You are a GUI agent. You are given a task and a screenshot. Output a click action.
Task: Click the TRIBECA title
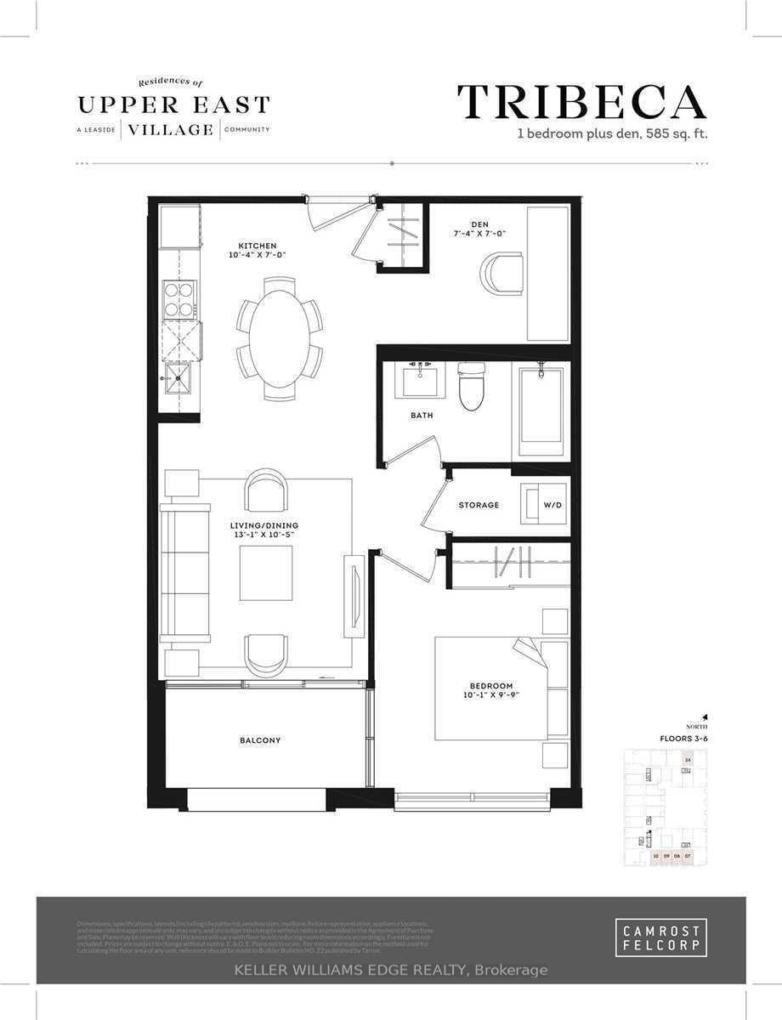pos(581,103)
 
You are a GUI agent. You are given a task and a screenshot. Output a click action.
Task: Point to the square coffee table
pos(265,573)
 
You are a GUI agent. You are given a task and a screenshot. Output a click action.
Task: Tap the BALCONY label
pos(259,740)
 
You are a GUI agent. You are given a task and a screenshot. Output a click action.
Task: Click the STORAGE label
pos(479,505)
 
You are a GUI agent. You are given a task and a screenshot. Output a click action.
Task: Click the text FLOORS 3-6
pos(683,739)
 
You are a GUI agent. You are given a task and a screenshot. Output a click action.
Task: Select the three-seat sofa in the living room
pos(185,572)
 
